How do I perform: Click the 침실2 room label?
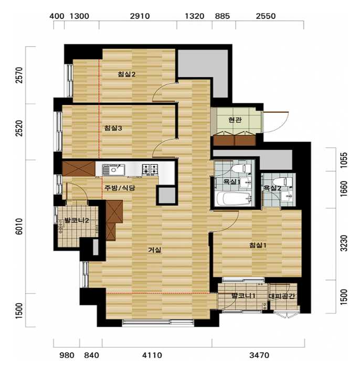126,74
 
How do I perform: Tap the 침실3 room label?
113,128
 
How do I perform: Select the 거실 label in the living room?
154,250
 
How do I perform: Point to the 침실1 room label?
258,245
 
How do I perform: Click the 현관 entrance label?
235,120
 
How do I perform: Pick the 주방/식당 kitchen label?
120,188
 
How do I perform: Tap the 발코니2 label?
73,220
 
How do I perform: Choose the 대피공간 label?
281,296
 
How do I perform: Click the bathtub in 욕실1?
234,199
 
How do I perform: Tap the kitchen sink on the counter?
113,170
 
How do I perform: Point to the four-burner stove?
150,168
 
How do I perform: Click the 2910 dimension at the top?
140,16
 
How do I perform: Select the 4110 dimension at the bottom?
152,355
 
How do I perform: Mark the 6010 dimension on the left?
20,227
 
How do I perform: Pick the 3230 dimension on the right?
344,243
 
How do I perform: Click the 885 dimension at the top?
222,16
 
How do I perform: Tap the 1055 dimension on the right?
344,160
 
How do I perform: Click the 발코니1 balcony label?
243,296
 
